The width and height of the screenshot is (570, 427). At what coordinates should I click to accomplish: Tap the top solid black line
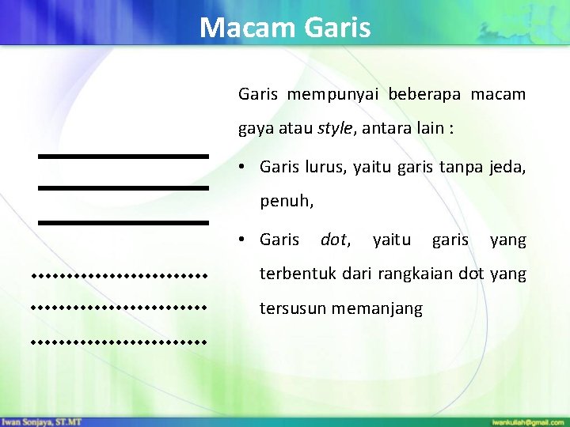click(x=123, y=157)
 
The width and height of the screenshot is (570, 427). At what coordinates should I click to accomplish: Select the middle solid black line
click(x=123, y=188)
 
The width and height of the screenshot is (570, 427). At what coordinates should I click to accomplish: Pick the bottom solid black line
click(x=123, y=223)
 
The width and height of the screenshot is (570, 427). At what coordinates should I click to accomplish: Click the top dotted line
click(x=119, y=277)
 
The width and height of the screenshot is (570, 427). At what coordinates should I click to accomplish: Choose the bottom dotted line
click(x=119, y=343)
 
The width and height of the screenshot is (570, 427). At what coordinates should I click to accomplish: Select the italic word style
click(x=336, y=128)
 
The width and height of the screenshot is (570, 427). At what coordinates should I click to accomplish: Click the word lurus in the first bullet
click(x=326, y=168)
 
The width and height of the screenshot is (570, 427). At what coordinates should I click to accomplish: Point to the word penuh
click(x=287, y=202)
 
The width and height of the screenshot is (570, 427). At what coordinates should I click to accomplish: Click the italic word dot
click(x=336, y=240)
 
